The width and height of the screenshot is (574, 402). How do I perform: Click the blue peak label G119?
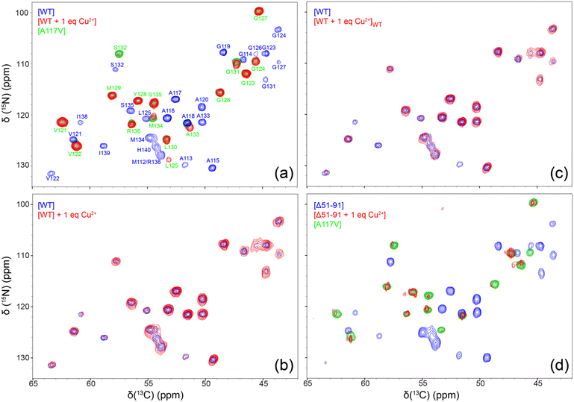click(223, 46)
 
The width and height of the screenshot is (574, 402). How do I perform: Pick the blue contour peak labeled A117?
click(175, 99)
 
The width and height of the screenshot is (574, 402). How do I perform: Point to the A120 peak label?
click(202, 99)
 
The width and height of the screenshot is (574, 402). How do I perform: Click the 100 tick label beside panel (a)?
click(22, 13)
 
